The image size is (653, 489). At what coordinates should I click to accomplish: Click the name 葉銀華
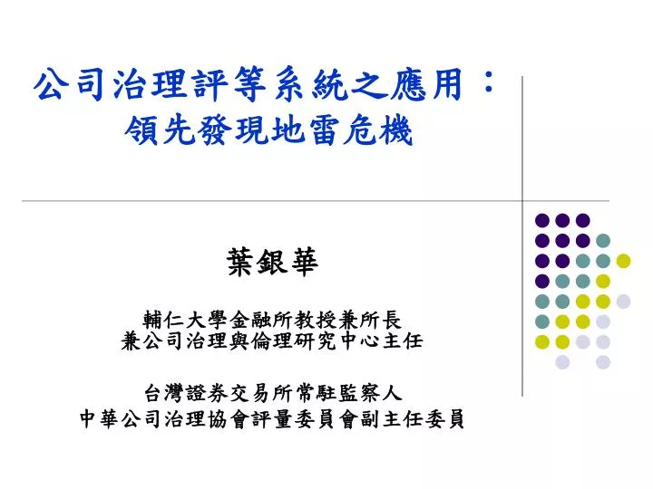(272, 262)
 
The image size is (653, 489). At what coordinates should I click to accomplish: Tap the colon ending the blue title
(489, 81)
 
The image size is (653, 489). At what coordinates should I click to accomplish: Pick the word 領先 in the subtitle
(161, 129)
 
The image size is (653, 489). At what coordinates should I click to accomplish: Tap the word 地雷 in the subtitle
(306, 129)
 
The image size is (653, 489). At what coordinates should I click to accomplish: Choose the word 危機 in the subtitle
(377, 129)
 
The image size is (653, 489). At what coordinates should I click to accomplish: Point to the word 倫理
(272, 341)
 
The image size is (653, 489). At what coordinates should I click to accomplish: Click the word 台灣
(165, 393)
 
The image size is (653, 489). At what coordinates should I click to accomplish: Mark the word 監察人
(370, 393)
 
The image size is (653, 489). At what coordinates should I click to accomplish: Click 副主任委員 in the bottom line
(413, 418)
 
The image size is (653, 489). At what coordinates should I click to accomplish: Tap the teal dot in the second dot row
(602, 240)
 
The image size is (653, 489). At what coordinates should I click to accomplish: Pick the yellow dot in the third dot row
(623, 261)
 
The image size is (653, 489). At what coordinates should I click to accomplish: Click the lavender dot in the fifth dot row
(623, 302)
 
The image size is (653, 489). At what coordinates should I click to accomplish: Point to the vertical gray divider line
(521, 236)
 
